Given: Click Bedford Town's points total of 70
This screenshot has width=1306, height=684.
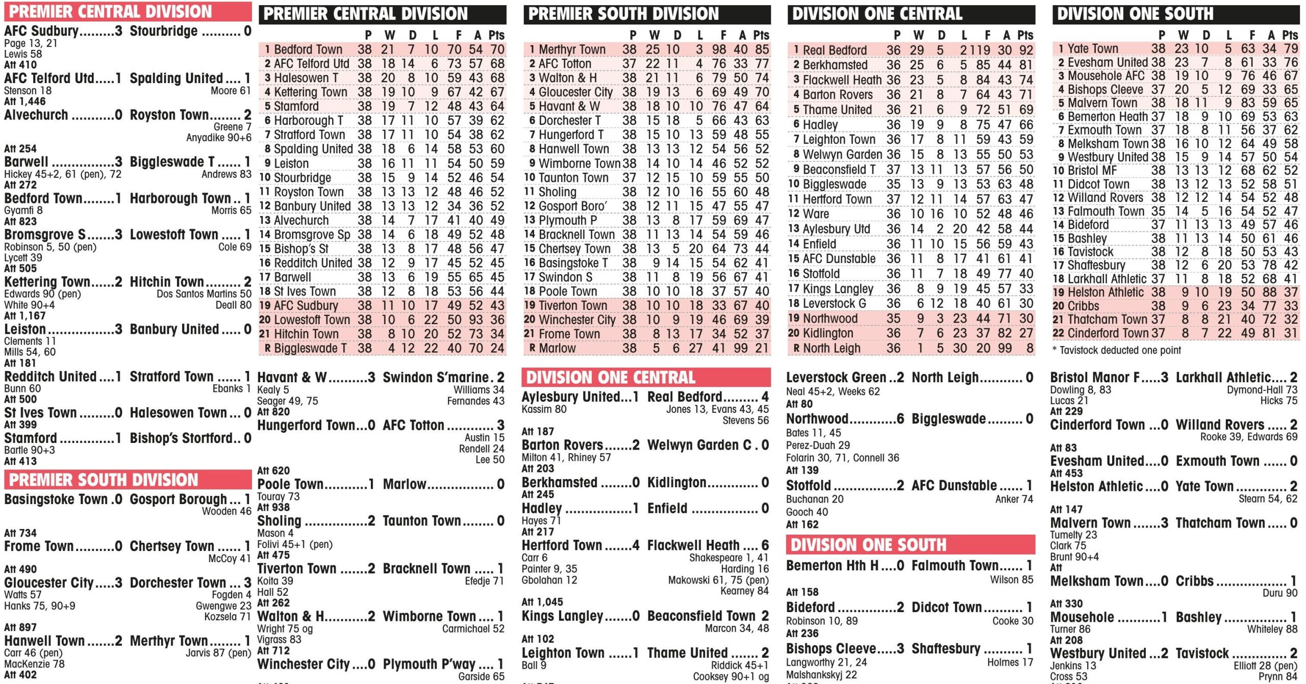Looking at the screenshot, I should [x=497, y=49].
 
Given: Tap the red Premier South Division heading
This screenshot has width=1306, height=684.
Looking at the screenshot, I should [x=104, y=480].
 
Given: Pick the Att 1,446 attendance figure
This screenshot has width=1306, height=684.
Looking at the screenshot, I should [x=24, y=101].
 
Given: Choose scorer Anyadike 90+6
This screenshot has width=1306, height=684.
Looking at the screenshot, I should [x=218, y=138].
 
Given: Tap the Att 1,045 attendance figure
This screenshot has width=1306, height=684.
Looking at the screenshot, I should [x=542, y=602].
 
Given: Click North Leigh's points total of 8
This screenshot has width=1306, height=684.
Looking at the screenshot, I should [x=1029, y=348].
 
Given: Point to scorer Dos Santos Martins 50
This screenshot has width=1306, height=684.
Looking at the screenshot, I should [x=204, y=294].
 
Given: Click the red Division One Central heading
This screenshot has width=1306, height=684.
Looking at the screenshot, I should [x=610, y=377].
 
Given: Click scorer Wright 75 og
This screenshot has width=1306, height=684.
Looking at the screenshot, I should [x=285, y=628].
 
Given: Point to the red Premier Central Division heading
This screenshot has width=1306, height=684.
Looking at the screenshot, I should [x=110, y=11].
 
